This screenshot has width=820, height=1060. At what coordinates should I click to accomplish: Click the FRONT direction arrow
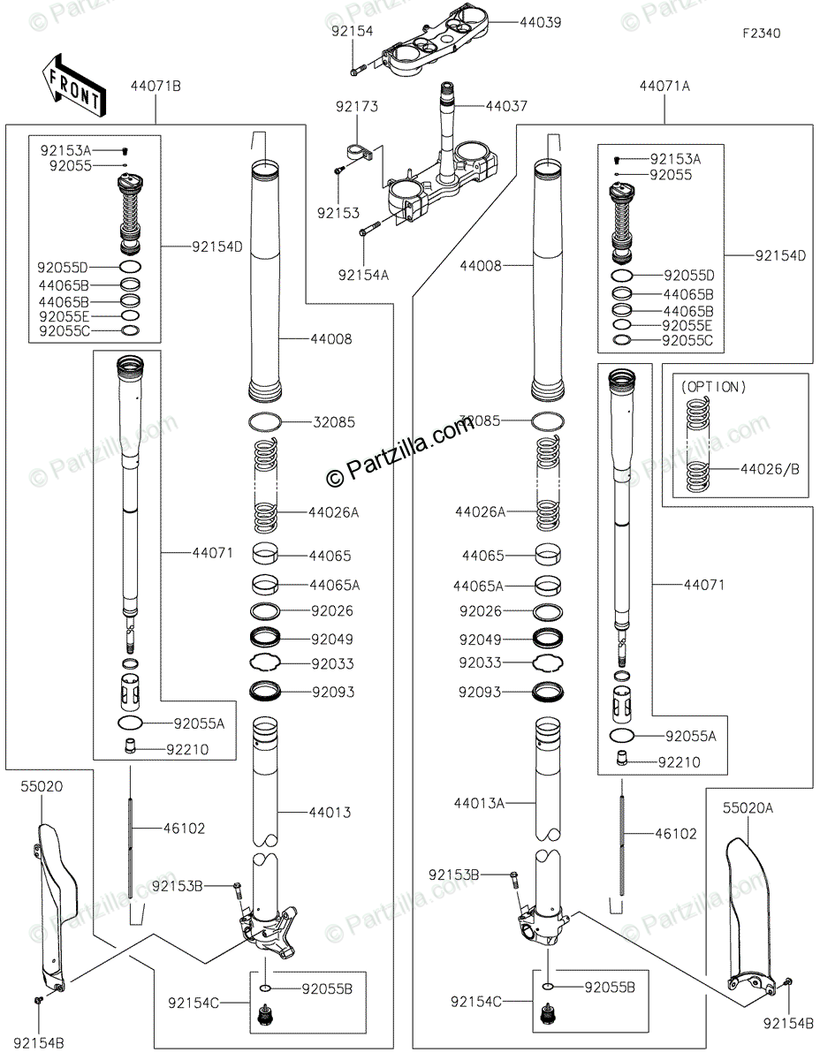[x=73, y=86]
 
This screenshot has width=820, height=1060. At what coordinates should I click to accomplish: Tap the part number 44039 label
[x=540, y=22]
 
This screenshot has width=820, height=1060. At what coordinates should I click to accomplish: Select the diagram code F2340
[x=761, y=34]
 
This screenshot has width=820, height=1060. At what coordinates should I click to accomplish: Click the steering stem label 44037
[x=506, y=106]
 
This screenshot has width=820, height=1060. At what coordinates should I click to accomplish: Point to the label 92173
[x=357, y=106]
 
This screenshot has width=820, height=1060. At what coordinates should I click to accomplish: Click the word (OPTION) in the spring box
[x=714, y=387]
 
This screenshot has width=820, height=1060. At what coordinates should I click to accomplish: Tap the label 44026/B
[x=770, y=469]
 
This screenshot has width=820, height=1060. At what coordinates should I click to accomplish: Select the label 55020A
[x=748, y=807]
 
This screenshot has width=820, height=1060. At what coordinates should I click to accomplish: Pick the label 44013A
[x=479, y=803]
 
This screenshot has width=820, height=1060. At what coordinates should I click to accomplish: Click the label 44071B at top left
[x=156, y=87]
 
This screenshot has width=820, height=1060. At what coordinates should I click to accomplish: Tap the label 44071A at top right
[x=664, y=87]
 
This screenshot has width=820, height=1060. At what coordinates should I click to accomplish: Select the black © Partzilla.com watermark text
[x=400, y=451]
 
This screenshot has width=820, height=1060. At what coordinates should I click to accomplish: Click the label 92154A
[x=363, y=275]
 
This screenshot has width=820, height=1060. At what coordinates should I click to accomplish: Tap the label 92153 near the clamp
[x=338, y=213]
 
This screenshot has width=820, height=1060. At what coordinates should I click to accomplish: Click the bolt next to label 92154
[x=358, y=70]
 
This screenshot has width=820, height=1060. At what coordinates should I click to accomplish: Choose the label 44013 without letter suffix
[x=330, y=812]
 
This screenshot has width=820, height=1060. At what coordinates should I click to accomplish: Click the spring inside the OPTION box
[x=697, y=445]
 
